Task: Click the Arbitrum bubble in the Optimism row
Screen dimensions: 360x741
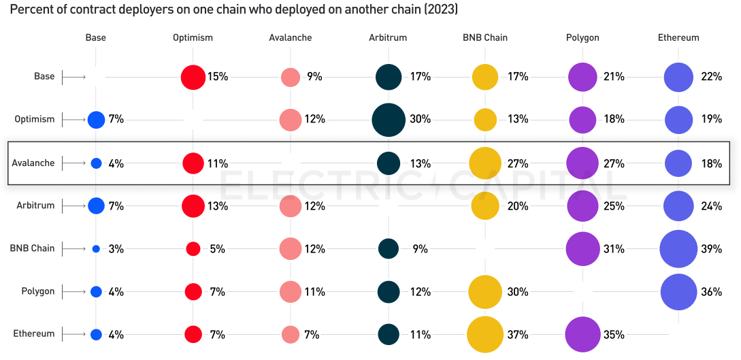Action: (x=389, y=120)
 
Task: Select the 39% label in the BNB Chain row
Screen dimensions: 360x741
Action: (x=711, y=249)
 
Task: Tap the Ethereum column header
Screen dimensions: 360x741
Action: (x=678, y=37)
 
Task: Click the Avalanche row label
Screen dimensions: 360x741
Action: (x=33, y=163)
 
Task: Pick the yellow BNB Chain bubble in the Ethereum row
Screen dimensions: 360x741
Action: (x=485, y=334)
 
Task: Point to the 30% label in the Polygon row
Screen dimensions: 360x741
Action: (x=517, y=292)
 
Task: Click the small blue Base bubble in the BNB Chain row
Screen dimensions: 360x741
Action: (x=96, y=249)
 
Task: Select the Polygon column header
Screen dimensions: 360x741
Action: (x=582, y=37)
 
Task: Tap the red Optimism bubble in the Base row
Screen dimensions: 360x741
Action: (x=193, y=77)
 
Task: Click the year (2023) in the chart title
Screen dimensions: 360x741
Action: (x=438, y=10)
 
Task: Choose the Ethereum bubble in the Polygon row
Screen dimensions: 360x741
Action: (x=678, y=292)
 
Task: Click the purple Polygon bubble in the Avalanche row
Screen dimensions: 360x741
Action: (x=582, y=163)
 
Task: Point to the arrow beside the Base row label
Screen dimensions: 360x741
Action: (x=73, y=77)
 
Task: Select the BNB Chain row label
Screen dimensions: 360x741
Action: (x=32, y=248)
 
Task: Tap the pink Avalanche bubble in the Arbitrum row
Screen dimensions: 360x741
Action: (x=291, y=206)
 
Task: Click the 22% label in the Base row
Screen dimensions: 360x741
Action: (x=711, y=77)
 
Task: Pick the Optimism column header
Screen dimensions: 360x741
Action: (x=193, y=37)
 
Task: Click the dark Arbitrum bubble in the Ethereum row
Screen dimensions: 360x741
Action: (x=389, y=334)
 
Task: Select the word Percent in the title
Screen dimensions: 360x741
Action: (x=31, y=10)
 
